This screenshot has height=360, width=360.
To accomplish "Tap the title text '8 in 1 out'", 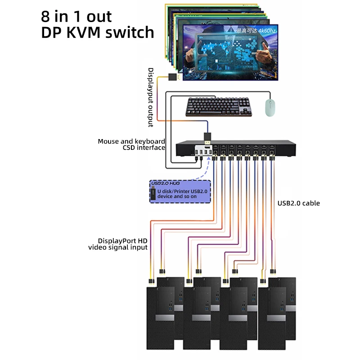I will (76, 16).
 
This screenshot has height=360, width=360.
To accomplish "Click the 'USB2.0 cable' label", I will (298, 203).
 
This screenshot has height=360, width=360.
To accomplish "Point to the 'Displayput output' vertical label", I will (151, 97).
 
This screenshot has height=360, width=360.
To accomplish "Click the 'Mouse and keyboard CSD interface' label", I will (131, 144).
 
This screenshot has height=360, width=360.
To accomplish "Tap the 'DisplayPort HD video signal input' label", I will (118, 244).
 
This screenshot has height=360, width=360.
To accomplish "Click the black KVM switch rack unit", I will (252, 148).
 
